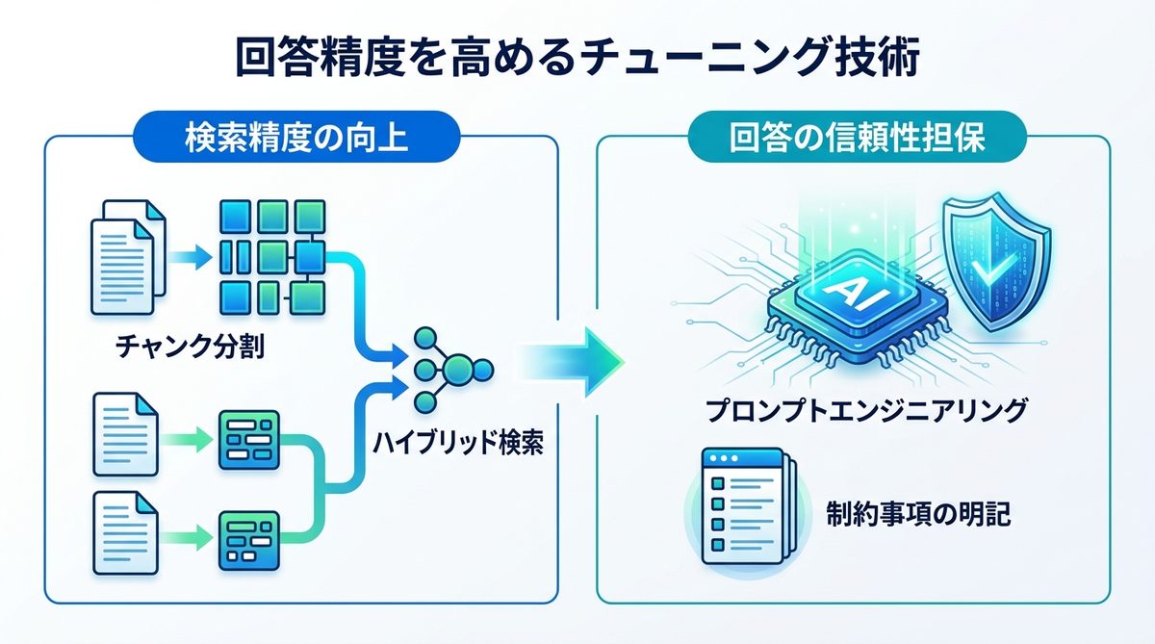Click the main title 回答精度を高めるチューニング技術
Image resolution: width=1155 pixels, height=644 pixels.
pos(578,57)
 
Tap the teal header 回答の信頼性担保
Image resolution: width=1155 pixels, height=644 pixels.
pos(857,138)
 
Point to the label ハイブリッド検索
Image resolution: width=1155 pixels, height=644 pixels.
pos(456,445)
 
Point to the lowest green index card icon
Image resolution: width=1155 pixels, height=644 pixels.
pos(248,535)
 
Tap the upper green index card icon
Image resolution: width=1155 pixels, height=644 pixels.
pos(248,440)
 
